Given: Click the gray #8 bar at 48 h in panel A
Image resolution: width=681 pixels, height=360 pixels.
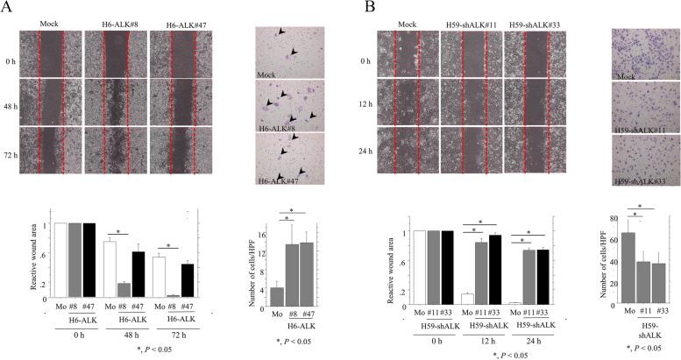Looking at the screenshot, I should click(123, 289).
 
